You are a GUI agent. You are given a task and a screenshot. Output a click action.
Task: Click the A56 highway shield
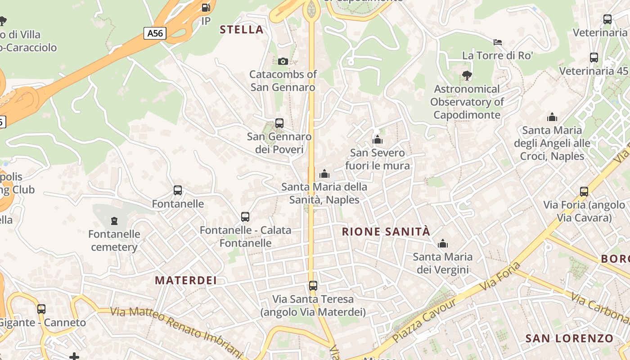pos(155,33)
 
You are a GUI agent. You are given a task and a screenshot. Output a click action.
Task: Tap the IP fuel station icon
pos(206,8)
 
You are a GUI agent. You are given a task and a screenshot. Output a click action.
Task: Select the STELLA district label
pos(241,30)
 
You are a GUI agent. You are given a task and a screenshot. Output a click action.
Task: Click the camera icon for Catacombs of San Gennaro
pos(283,61)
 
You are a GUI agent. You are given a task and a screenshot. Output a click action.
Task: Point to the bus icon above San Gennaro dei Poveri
pos(279,123)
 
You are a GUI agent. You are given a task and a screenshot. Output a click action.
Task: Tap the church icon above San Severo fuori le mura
pos(378,140)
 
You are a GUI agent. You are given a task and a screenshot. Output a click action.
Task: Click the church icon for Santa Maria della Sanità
pos(324,174)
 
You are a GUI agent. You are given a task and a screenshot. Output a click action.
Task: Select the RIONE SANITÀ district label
pos(386,232)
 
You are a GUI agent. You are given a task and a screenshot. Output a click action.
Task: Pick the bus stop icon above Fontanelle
pos(178,190)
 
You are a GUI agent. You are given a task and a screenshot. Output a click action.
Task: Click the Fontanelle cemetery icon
pos(114,220)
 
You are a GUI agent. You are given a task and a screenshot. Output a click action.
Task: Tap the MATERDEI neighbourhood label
pos(186,280)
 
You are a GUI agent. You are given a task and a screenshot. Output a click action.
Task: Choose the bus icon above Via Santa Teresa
pos(313,285)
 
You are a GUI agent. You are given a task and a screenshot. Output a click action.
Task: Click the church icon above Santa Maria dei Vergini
pos(443,243)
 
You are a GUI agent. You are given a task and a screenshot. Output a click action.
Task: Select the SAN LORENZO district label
pos(569,338)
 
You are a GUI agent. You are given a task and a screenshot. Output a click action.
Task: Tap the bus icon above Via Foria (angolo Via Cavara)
pos(584,191)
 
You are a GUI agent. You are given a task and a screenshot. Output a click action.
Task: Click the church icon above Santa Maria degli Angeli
pos(552,117)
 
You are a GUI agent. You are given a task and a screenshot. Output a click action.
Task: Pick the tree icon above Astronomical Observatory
pos(467,76)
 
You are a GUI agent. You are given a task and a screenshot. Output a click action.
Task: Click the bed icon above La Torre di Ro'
pos(497,42)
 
